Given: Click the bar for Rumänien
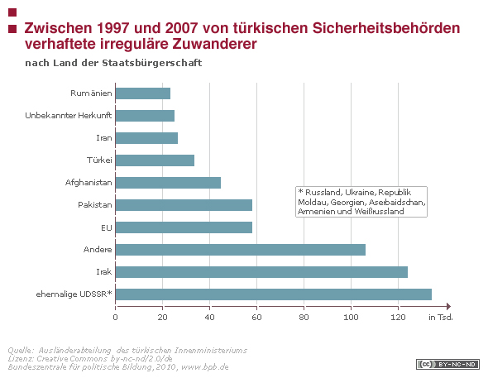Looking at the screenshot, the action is coord(143,93).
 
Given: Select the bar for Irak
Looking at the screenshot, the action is coord(261,272).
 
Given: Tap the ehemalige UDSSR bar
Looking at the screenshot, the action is coord(274,294).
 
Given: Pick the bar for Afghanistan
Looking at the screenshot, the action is coord(168,183).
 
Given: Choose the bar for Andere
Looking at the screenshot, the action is coord(241,250).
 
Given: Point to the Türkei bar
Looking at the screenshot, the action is coord(155,160).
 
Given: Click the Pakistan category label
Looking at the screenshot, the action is coord(95,204).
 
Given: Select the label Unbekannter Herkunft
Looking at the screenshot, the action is coord(69,116).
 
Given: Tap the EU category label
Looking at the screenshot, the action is coord(107,227).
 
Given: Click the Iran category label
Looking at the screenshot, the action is coord(104,138).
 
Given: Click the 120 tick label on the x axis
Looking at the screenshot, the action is coord(398,318).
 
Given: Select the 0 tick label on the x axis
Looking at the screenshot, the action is coord(116,318).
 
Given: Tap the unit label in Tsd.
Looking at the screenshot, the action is coord(441,318).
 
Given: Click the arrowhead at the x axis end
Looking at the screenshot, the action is coord(448,306).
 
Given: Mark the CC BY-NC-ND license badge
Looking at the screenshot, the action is coord(447,364).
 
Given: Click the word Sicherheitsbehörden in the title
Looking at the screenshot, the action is coord(386,28).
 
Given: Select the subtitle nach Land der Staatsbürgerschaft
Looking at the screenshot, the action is coord(113,63).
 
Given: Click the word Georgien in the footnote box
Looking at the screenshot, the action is coord(347,202).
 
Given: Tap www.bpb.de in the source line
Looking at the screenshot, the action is coord(205,367).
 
